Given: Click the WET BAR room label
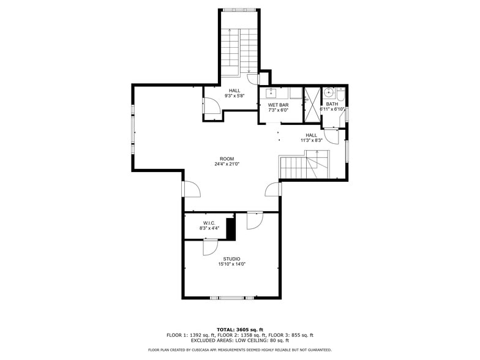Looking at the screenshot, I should coord(278,105).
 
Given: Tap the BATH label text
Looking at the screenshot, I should coord(331,104).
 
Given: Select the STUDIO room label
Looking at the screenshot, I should coord(231,258).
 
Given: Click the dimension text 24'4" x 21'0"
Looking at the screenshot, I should coord(227,164).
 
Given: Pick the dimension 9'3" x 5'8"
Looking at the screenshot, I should coord(234,96).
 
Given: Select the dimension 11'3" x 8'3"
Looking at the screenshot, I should coord(311,140).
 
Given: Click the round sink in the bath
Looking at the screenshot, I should coord(328,93).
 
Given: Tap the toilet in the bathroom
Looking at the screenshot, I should coord(340,93).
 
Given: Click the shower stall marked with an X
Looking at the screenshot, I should coord(312,100).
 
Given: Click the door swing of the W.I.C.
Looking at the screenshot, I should coord(209,247).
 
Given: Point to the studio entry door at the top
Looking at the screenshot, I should coord(254,220).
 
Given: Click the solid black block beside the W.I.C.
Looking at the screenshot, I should coord(231,228).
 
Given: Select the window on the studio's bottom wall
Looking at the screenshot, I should coord(231,298).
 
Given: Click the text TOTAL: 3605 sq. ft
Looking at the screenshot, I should coord(239,329).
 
